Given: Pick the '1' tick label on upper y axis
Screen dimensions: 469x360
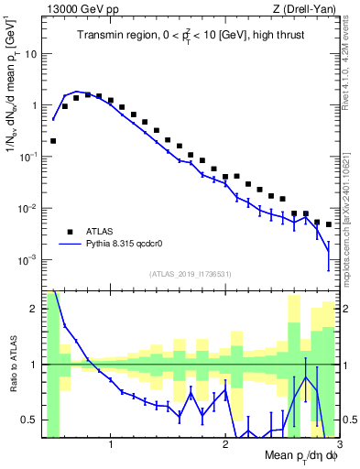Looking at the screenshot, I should point(34,105).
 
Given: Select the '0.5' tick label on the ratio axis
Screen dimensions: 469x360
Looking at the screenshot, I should point(29,420).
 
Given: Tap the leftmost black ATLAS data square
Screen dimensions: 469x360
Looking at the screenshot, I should point(53,141).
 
